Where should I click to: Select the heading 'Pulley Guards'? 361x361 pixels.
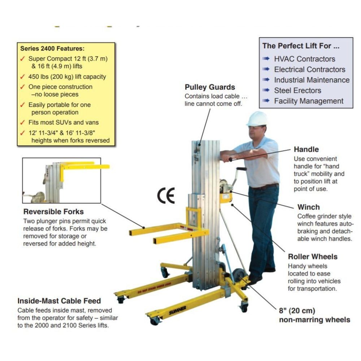tap(210, 87)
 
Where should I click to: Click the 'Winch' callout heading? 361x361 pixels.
tap(308, 207)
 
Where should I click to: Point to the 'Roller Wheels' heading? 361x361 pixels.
tap(313, 257)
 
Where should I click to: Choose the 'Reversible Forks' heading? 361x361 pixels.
tap(53, 212)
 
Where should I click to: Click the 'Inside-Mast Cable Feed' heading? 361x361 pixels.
tap(59, 301)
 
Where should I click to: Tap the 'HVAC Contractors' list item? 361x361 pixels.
tap(304, 59)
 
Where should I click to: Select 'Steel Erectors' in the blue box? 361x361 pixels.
tap(297, 90)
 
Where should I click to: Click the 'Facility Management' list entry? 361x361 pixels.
tap(309, 101)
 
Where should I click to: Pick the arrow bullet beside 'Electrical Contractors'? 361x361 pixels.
tap(266, 69)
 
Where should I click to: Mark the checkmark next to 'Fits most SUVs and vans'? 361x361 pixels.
tap(22, 122)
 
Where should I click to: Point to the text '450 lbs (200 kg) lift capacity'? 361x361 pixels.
tap(67, 77)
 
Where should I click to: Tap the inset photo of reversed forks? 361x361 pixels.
tap(61, 180)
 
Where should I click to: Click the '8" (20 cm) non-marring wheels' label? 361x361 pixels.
tap(314, 315)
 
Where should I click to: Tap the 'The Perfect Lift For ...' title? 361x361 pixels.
tap(301, 46)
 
